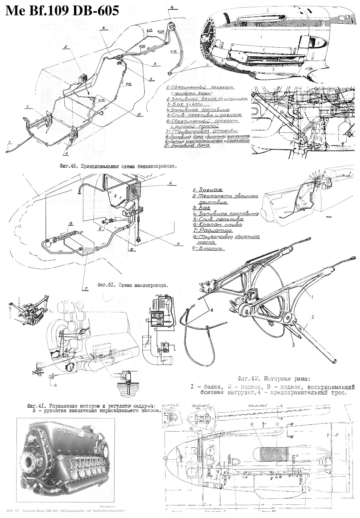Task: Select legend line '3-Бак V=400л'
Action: point(184,104)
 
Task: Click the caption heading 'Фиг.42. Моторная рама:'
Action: point(273,378)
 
